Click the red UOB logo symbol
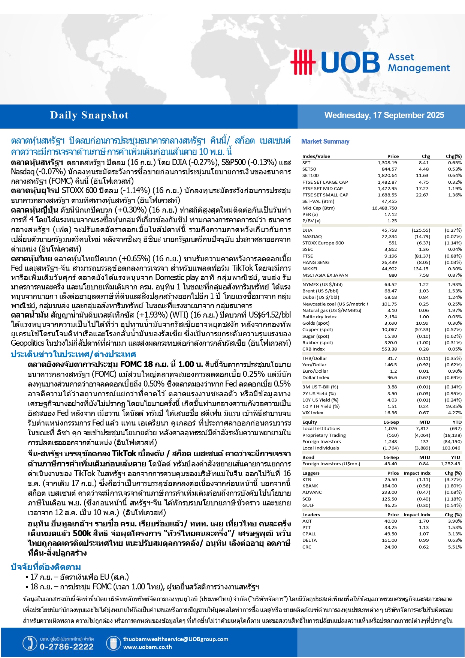click(x=303, y=62)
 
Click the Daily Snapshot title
click(x=89, y=115)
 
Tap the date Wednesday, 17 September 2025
click(x=384, y=115)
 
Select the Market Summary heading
click(x=325, y=141)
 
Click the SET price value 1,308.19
click(x=387, y=163)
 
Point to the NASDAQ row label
click(x=312, y=237)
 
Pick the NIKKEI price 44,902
click(x=389, y=269)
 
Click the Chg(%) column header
click(x=453, y=156)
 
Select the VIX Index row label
click(x=312, y=413)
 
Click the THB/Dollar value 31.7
click(x=392, y=358)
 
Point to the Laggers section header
click(x=311, y=473)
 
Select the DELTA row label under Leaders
click(x=310, y=540)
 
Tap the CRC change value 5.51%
click(x=455, y=547)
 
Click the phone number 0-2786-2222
click(x=66, y=647)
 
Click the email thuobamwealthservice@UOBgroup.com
click(x=175, y=639)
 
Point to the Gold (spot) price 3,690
click(x=390, y=323)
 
